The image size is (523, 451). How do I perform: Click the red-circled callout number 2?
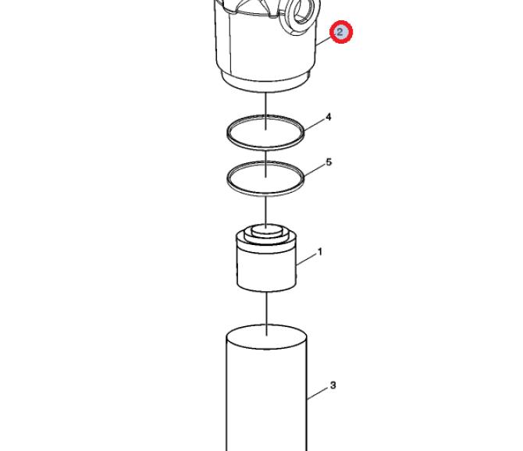[x=340, y=32]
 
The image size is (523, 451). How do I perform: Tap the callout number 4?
[x=329, y=117]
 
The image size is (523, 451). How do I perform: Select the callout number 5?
[x=329, y=162]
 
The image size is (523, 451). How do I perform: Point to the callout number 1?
[x=320, y=252]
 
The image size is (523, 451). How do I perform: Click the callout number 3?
[x=333, y=385]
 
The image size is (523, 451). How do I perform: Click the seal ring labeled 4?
[x=265, y=147]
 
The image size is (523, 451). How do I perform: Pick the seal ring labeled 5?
[x=265, y=192]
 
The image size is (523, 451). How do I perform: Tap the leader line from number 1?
[x=307, y=260]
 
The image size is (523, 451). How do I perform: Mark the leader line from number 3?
[x=318, y=393]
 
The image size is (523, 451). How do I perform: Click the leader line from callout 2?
[x=323, y=41]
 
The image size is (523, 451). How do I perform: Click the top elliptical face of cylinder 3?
[x=266, y=336]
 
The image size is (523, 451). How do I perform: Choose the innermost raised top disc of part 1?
[x=266, y=229]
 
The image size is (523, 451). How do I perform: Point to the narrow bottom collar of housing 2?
[x=265, y=83]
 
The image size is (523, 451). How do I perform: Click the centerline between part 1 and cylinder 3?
[x=266, y=314]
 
